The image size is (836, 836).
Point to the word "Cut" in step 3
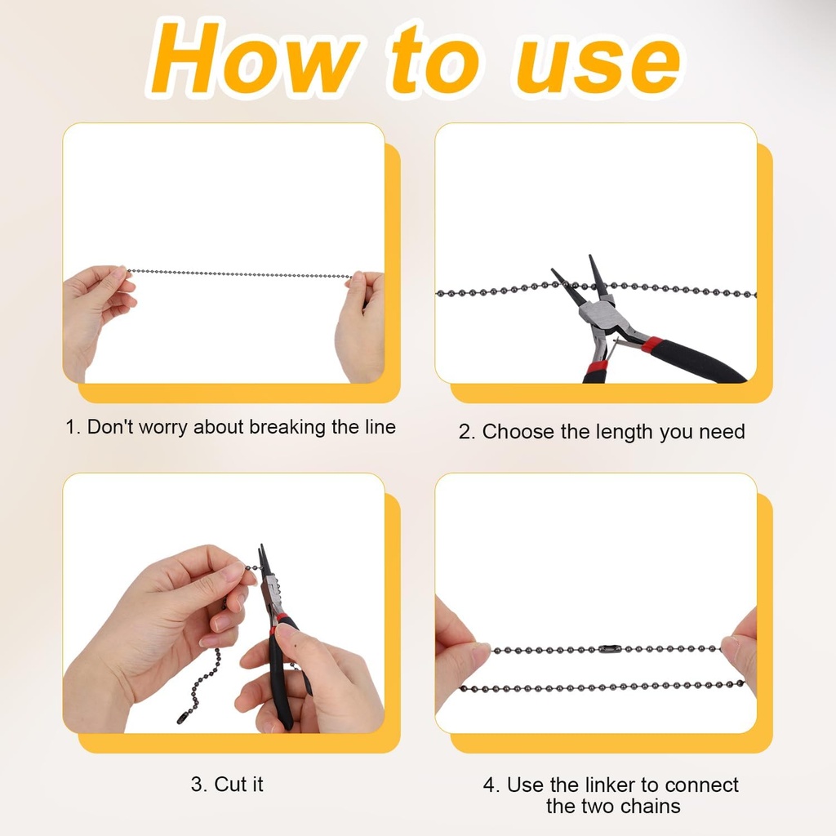coord(231,785)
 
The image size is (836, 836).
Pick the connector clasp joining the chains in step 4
coord(609,649)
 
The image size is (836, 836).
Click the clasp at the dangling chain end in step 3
coord(184,717)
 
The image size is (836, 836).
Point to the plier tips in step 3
coord(263,558)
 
